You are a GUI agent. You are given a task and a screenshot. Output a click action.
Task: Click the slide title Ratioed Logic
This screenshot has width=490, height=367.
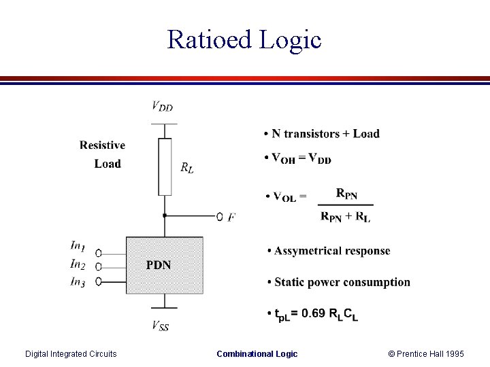pyautogui.click(x=244, y=39)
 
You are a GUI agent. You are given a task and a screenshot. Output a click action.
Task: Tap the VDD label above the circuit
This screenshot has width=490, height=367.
pyautogui.click(x=162, y=106)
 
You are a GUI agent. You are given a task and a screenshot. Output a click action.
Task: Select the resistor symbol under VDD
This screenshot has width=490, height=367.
pyautogui.click(x=164, y=167)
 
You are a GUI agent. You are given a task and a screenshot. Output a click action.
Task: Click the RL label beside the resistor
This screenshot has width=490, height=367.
pyautogui.click(x=187, y=167)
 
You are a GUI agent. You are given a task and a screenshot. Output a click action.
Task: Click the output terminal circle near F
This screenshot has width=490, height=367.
pyautogui.click(x=219, y=217)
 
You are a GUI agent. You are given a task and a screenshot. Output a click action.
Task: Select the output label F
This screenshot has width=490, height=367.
pyautogui.click(x=232, y=217)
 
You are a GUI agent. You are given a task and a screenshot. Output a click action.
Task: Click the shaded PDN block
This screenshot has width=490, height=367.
pyautogui.click(x=164, y=265)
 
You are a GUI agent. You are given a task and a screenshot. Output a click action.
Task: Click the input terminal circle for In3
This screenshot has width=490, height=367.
pyautogui.click(x=99, y=281)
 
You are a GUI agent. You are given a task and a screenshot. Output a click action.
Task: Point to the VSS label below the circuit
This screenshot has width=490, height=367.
pyautogui.click(x=161, y=326)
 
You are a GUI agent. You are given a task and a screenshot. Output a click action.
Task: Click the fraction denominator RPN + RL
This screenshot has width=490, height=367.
pyautogui.click(x=346, y=217)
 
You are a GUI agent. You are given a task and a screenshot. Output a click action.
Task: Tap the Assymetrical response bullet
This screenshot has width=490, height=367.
pyautogui.click(x=331, y=251)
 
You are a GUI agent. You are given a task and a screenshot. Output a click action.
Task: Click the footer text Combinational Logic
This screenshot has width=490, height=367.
pyautogui.click(x=257, y=353)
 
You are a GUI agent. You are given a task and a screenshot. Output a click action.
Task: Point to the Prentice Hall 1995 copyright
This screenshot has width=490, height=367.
pyautogui.click(x=426, y=353)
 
